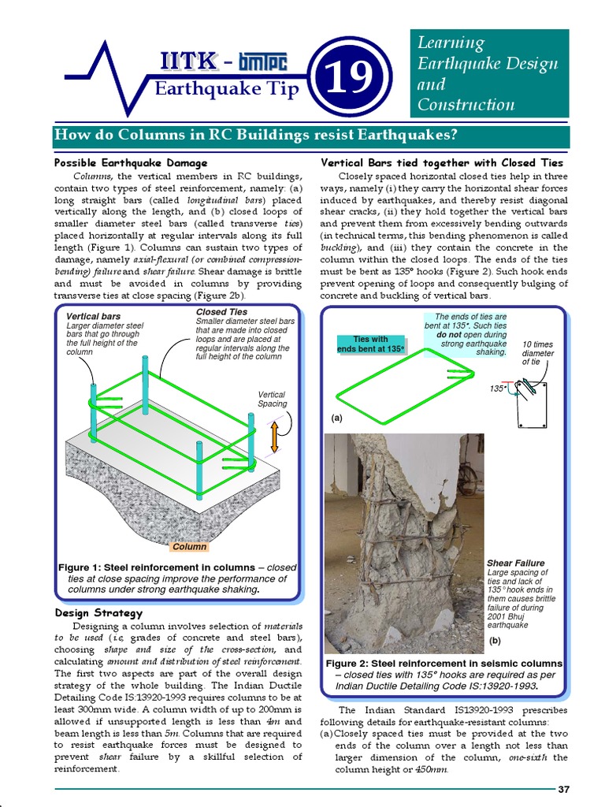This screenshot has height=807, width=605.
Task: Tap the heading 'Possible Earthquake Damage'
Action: click(x=120, y=162)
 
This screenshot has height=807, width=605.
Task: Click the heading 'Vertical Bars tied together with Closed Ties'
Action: click(x=443, y=162)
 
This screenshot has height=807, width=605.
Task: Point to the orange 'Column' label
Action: click(x=189, y=546)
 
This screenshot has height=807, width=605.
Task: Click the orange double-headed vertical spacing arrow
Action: click(x=274, y=437)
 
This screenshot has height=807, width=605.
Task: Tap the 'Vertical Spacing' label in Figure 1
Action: click(x=272, y=399)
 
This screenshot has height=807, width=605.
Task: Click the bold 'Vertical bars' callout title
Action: click(x=94, y=317)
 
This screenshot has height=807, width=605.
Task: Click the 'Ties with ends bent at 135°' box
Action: click(x=370, y=344)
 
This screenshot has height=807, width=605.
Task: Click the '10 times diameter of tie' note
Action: click(x=538, y=353)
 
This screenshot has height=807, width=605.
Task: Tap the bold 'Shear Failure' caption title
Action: click(x=516, y=563)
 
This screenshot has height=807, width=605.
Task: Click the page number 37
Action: click(x=563, y=790)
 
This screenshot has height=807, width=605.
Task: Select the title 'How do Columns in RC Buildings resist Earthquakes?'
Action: click(x=255, y=135)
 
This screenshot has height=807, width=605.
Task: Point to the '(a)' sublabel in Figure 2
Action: click(x=336, y=418)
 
